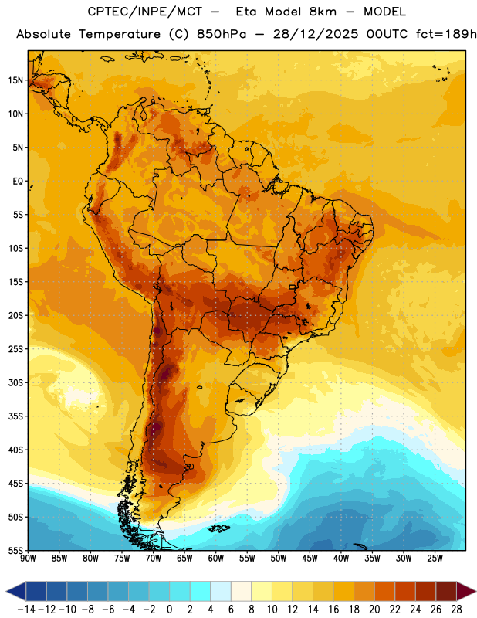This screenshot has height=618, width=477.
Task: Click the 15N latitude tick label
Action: [15, 80]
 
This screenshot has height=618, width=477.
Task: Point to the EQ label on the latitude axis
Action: [18, 182]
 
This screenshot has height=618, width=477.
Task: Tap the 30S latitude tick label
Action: [15, 382]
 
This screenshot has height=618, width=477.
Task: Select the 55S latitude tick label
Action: [15, 550]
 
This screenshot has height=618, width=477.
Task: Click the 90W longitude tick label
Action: [29, 558]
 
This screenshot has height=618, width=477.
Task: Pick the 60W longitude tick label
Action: [216, 558]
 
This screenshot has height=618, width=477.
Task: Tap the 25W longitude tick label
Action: [435, 558]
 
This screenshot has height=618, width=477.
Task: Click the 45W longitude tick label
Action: [310, 558]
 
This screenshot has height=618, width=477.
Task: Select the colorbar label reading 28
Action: [456, 610]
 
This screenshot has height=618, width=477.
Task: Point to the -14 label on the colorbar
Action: [26, 610]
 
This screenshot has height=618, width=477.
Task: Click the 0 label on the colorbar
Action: [169, 610]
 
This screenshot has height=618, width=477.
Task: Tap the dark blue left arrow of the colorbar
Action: [15, 591]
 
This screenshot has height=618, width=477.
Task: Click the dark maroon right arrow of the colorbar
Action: [466, 591]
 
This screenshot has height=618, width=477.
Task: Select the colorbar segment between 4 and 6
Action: [221, 591]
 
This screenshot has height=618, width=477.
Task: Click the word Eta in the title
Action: [246, 12]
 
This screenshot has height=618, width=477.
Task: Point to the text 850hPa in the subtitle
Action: [222, 34]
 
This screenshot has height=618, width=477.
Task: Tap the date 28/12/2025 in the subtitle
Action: [316, 34]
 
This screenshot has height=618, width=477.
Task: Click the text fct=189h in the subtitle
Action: [446, 34]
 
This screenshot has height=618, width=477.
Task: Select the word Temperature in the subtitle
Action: [120, 34]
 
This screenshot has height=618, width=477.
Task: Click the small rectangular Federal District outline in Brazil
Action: [293, 287]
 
